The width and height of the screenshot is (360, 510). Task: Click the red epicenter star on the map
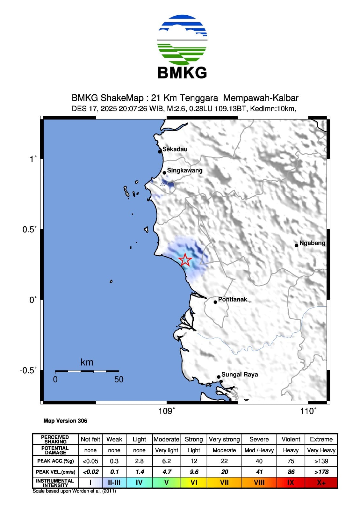coord(185,260)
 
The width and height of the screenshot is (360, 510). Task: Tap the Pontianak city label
coord(232,299)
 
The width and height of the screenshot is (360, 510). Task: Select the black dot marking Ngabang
coord(296,245)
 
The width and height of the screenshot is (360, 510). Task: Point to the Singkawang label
coord(184,171)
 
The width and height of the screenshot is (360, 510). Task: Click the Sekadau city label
coord(175,149)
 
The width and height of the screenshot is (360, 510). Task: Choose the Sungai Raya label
coord(239,375)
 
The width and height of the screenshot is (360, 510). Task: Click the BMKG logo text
coord(182,73)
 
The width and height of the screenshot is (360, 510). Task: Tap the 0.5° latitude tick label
coord(29,229)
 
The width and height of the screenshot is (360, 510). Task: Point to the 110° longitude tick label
coord(308,411)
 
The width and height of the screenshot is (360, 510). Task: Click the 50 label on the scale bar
coord(119,379)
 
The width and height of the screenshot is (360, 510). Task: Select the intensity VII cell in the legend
coord(224,483)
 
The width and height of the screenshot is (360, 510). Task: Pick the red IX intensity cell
coord(291,483)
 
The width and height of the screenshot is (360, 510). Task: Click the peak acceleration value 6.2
coord(166,461)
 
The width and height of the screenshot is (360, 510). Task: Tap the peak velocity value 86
coord(291,472)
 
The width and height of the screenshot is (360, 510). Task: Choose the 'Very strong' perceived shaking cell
coord(224,439)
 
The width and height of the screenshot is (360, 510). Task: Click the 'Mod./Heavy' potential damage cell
coord(259,450)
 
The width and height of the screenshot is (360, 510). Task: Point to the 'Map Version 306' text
coord(65,421)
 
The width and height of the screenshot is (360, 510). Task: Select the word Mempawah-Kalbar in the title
coord(261,98)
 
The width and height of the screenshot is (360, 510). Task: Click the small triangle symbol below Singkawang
coord(162,184)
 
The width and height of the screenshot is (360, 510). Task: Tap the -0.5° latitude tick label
coord(28,370)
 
